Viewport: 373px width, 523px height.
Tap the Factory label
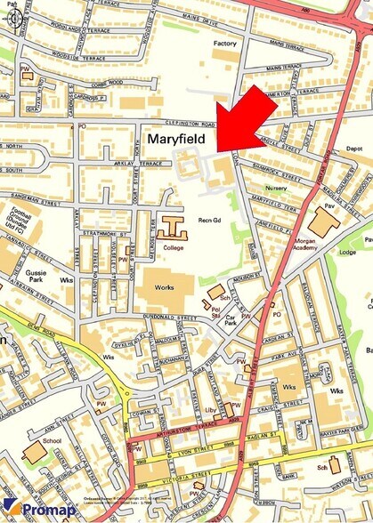[224, 43]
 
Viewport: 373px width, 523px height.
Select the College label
[174, 247]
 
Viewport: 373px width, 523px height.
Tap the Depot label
[353, 149]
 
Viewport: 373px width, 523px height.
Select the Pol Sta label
[215, 311]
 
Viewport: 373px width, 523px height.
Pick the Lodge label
[347, 252]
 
